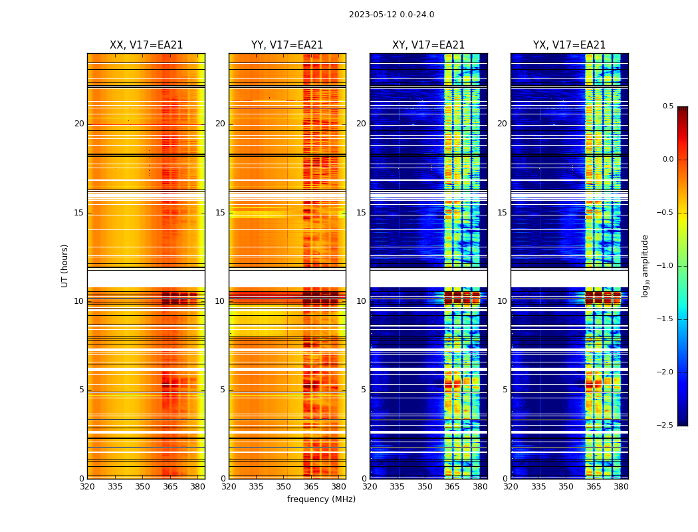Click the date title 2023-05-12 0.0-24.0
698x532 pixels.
tap(392, 15)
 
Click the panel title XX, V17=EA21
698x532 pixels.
tap(146, 45)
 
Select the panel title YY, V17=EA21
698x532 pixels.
tap(287, 45)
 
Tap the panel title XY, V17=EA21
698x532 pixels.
tap(428, 45)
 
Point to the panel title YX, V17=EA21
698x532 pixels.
tap(569, 45)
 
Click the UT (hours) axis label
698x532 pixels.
tap(65, 265)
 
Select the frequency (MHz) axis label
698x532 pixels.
tap(321, 499)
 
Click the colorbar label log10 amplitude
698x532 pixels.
tap(645, 265)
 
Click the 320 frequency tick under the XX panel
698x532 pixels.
tap(87, 487)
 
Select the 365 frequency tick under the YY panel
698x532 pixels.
tap(311, 487)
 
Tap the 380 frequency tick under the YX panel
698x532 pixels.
tap(621, 487)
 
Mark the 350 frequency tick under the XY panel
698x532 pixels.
tap(425, 487)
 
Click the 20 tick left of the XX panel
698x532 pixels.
tap(79, 124)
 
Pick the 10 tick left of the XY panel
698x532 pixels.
tap(361, 301)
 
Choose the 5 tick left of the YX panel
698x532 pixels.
tap(505, 390)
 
